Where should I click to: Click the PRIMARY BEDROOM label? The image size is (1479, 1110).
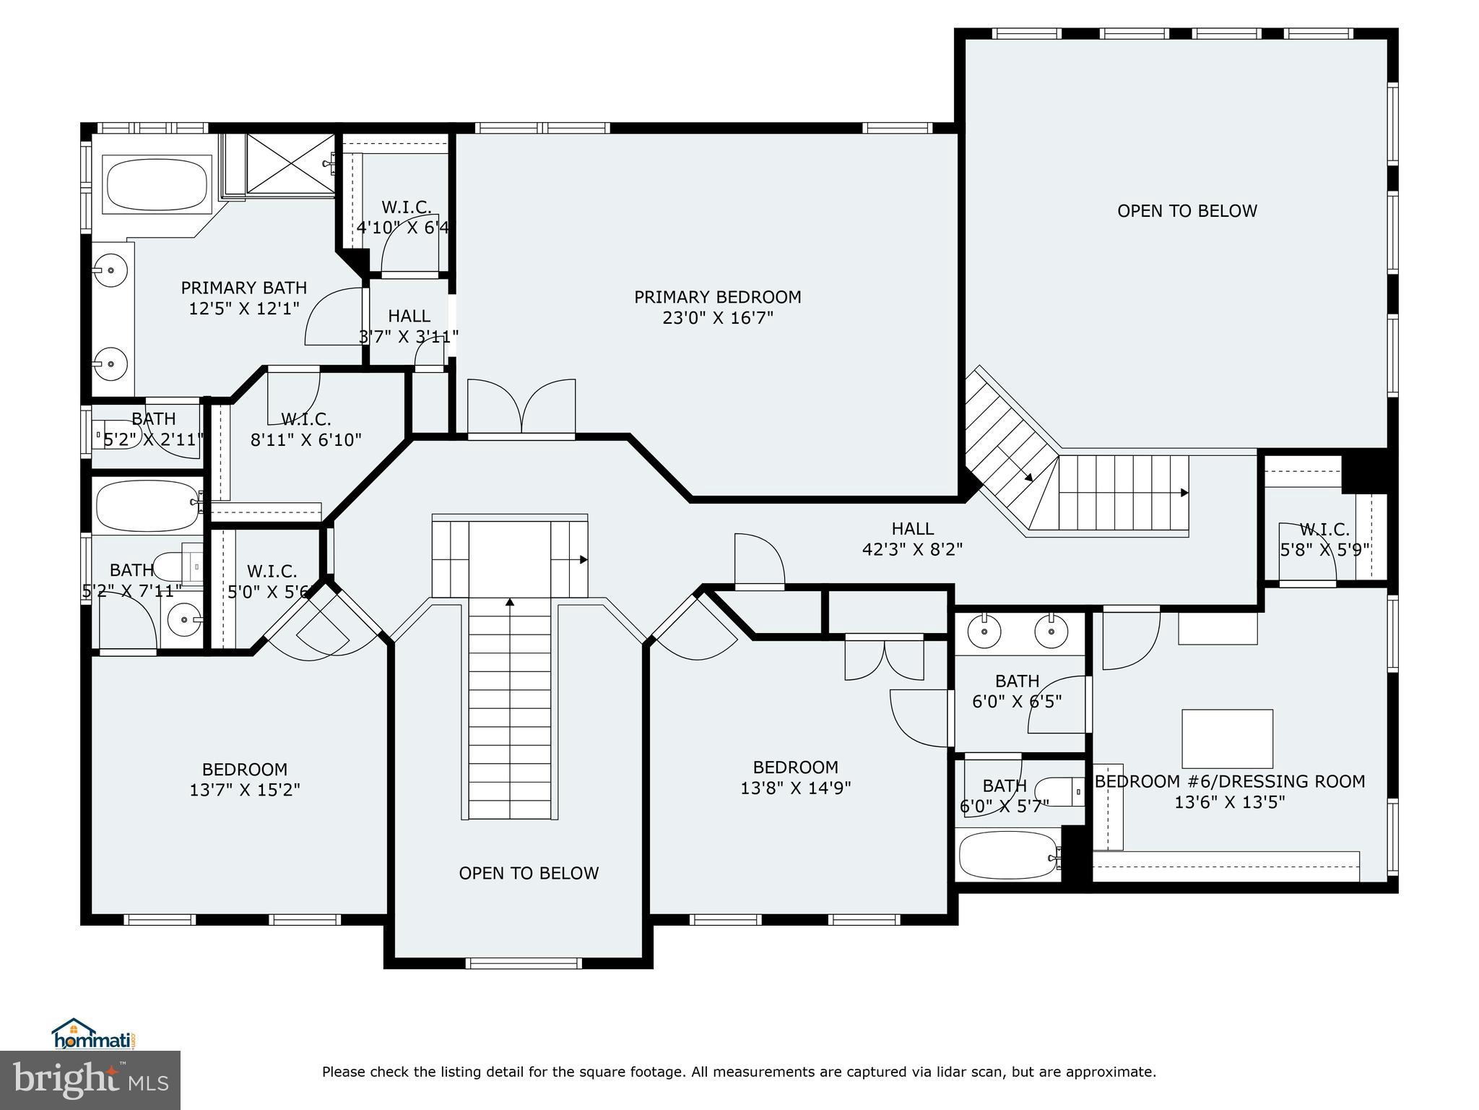click(717, 297)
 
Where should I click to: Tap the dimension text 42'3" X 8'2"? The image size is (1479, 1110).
click(912, 550)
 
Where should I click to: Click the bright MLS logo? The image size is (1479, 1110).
click(90, 1080)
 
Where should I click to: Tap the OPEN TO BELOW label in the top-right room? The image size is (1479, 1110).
click(1187, 211)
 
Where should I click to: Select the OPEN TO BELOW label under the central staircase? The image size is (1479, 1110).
click(529, 873)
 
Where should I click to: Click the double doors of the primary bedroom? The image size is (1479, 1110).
click(521, 408)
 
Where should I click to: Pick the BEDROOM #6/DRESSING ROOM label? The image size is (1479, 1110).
click(1229, 781)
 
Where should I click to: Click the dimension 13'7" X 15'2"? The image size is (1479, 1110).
click(245, 790)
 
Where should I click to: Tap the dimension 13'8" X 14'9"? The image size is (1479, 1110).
click(795, 788)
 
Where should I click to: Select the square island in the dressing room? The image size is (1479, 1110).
click(1226, 739)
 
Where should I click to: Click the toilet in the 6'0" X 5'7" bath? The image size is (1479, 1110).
click(1060, 791)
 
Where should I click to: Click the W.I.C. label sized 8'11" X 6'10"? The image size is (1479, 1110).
click(305, 419)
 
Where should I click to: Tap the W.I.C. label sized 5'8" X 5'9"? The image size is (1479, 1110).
click(1324, 530)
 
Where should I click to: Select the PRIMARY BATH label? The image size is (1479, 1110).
click(243, 288)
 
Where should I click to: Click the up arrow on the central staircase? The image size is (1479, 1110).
click(510, 601)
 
